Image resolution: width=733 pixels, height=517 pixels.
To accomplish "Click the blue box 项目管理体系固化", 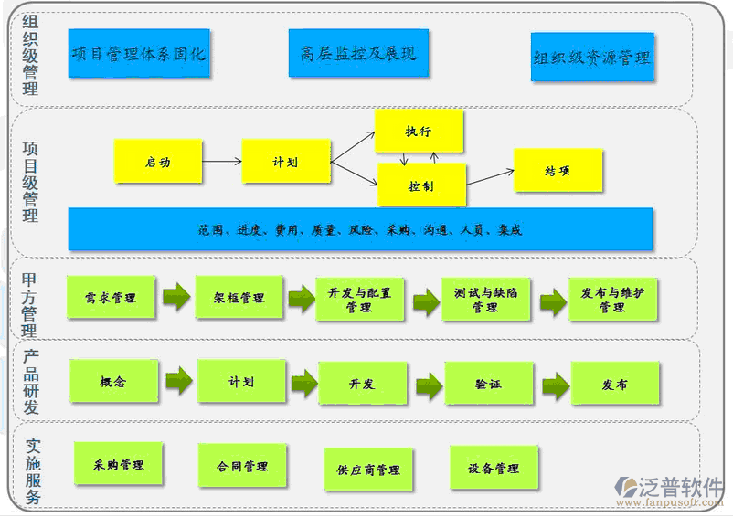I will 138,54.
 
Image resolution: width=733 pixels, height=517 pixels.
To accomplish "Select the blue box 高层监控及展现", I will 358,54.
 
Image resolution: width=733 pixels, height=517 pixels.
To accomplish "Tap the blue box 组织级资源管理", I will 592,58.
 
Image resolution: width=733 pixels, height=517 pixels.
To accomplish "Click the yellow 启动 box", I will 157,161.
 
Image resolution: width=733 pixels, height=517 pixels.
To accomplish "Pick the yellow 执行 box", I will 419,132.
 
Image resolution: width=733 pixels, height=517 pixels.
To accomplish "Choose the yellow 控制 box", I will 421,185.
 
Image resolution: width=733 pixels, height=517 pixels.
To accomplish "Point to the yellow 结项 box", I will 558,170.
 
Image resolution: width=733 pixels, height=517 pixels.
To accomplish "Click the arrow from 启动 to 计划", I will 221,162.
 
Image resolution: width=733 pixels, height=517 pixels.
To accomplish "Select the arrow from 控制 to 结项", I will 490,177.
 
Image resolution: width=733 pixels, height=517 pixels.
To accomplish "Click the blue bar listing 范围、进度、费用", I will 360,229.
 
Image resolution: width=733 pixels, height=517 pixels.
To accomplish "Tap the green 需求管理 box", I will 111,297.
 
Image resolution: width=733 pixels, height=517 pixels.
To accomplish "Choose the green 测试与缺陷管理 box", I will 485,300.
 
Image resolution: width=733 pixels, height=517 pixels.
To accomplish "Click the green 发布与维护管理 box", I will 612,300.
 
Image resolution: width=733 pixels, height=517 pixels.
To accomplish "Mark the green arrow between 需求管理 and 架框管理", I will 175,296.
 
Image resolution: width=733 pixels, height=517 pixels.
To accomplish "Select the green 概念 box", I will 113,382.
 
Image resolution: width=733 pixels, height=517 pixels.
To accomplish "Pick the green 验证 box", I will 488,385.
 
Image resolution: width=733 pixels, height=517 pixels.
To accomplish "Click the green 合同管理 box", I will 242,466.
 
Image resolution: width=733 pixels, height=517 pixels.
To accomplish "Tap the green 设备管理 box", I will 494,469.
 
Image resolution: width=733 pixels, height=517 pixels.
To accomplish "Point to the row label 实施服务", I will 33,471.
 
